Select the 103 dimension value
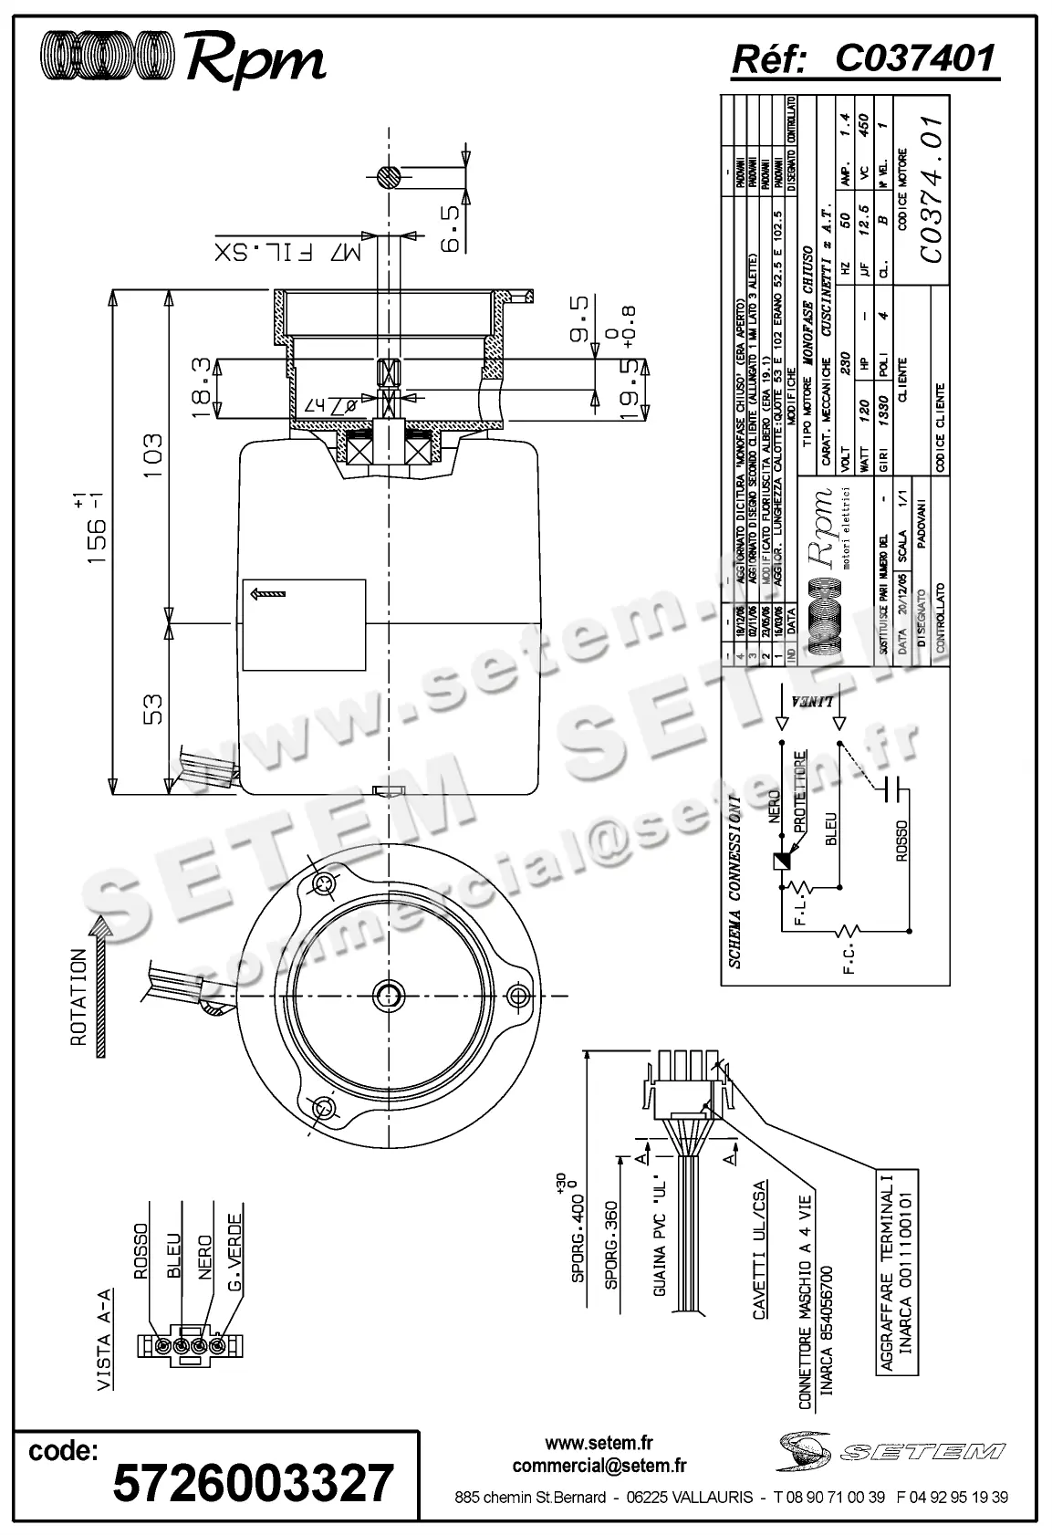click(x=152, y=455)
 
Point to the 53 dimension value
click(x=152, y=710)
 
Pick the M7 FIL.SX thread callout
click(x=288, y=251)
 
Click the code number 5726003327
click(x=253, y=1482)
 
